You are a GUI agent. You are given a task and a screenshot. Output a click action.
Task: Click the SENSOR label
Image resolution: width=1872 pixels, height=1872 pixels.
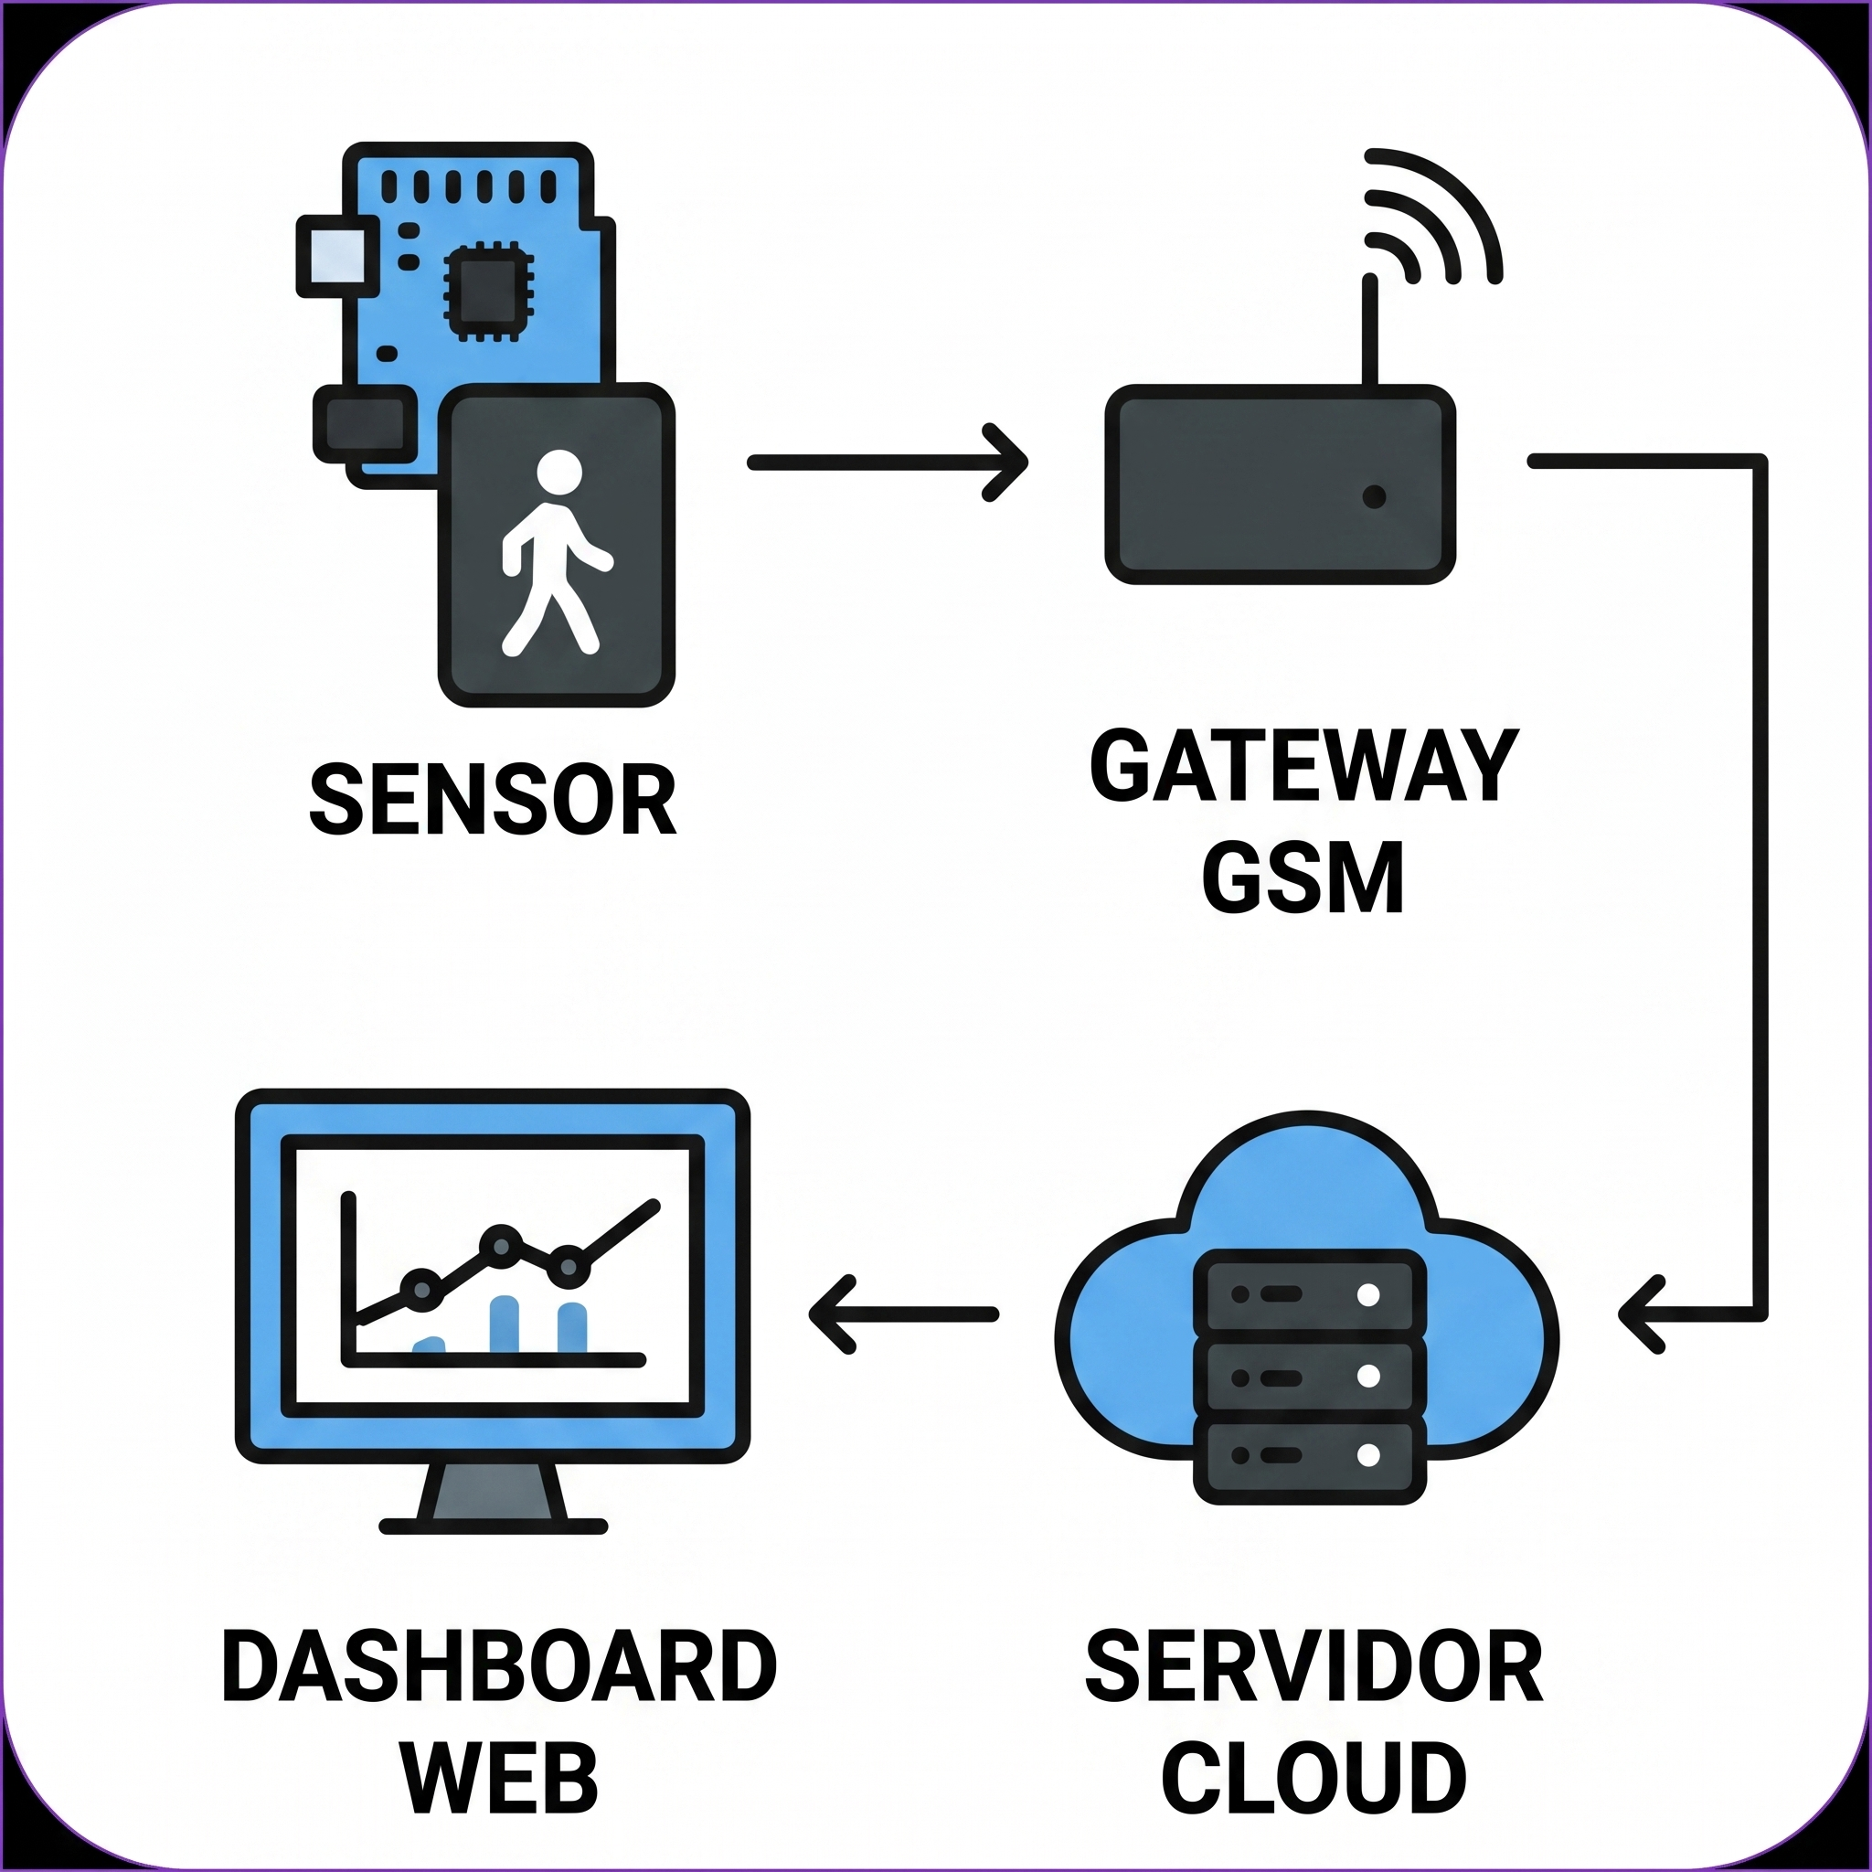click(493, 801)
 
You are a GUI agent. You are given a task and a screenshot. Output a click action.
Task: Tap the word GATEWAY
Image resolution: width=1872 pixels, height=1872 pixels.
click(1303, 766)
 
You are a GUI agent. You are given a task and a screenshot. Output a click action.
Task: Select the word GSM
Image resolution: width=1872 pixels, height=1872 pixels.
click(1303, 877)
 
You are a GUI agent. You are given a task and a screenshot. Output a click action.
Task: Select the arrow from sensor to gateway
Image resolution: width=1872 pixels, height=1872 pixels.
click(887, 463)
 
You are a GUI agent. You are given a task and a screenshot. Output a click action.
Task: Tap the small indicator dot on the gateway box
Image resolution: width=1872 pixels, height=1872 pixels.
click(1374, 497)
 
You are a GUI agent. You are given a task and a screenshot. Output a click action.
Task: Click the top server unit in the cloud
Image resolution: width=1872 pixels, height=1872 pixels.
click(1309, 1294)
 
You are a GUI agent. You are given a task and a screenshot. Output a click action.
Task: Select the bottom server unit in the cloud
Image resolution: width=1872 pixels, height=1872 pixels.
click(1309, 1455)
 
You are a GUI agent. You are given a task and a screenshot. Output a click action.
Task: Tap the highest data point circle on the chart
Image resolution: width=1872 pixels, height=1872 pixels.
click(501, 1245)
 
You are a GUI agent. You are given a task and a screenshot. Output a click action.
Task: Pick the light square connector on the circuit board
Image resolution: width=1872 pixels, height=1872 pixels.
click(336, 256)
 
